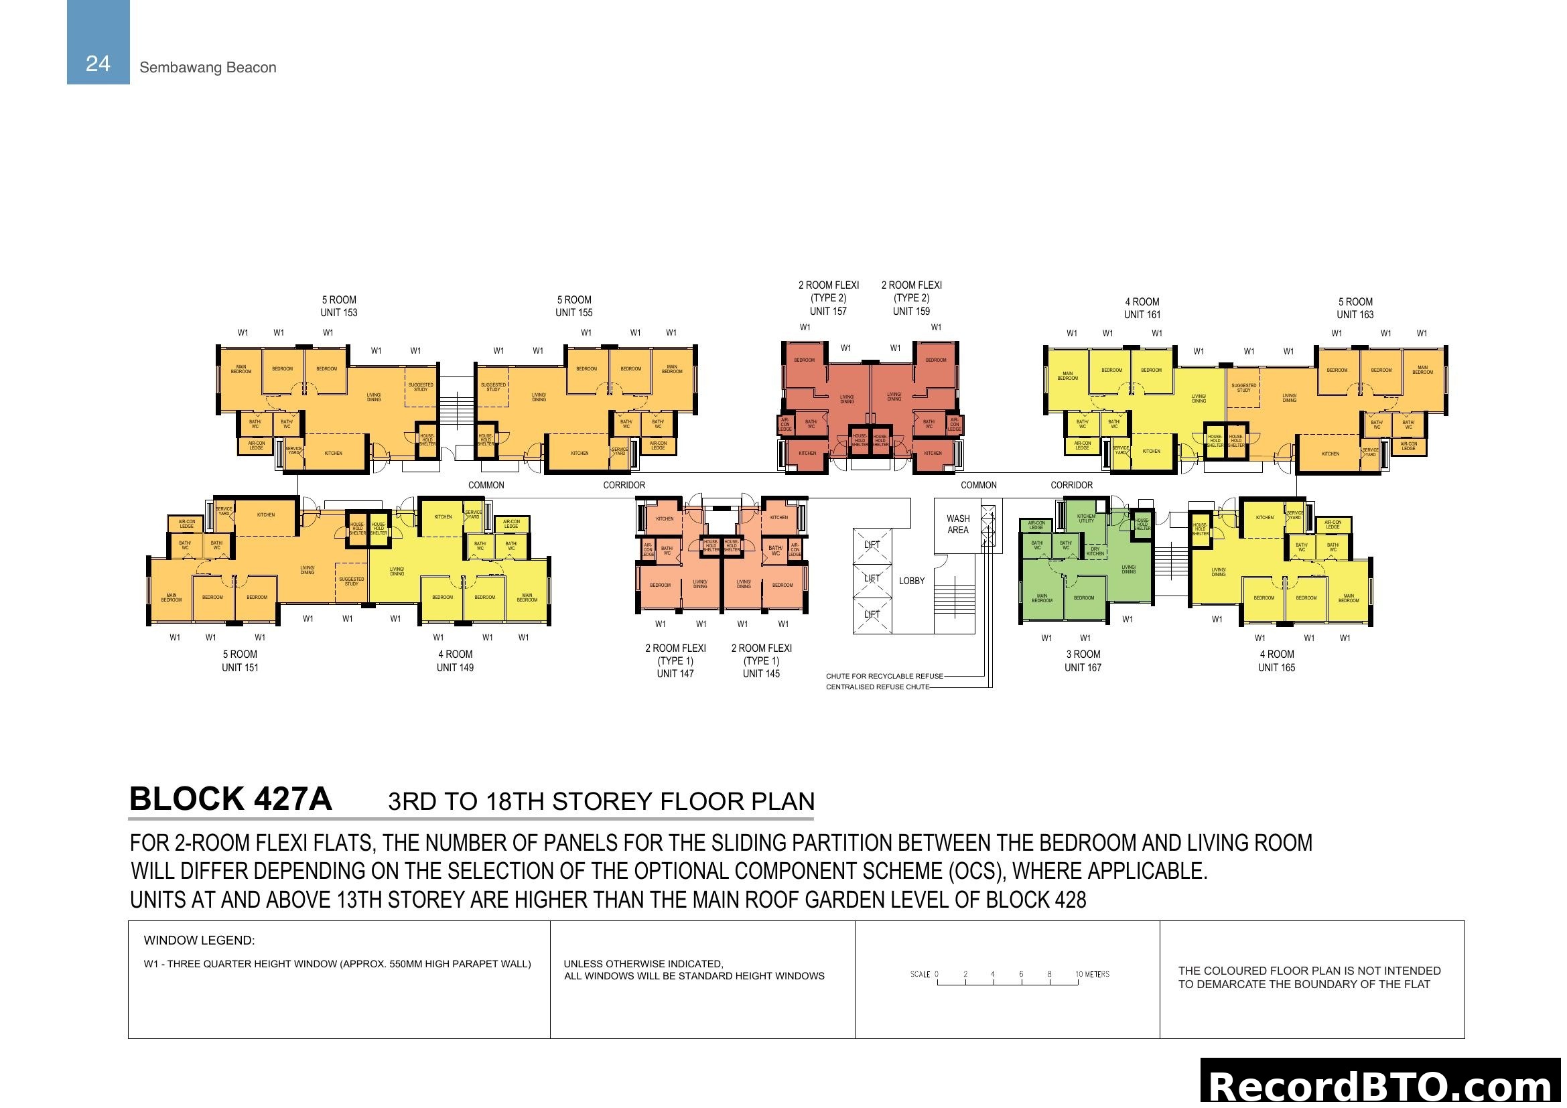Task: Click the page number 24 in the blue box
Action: (x=98, y=64)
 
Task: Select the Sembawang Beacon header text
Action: (x=208, y=68)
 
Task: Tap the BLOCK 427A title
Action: (x=230, y=799)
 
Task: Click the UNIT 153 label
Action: (x=338, y=312)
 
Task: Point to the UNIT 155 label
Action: (x=573, y=312)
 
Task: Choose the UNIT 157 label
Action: (x=828, y=311)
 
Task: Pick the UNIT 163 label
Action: (x=1355, y=315)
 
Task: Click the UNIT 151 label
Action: (x=240, y=667)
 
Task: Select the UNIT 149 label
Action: (x=454, y=667)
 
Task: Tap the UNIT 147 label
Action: (x=675, y=673)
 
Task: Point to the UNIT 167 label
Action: (x=1083, y=667)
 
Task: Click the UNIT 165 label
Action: (x=1276, y=667)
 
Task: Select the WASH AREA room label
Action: (x=957, y=524)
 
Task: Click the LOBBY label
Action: (x=911, y=581)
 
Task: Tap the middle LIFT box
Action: (x=872, y=579)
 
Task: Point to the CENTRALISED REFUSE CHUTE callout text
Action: (x=877, y=687)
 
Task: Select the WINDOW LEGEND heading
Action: (x=198, y=940)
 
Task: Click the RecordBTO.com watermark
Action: (x=1381, y=1086)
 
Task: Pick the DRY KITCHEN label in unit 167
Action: (x=1095, y=551)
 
